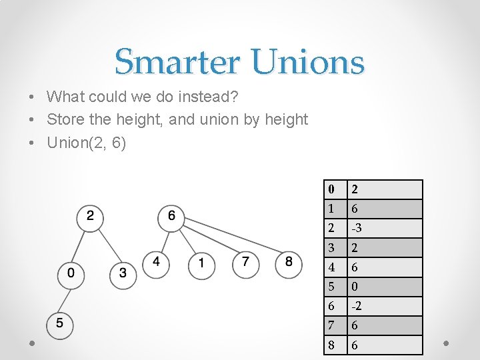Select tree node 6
click(x=171, y=216)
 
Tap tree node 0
click(x=71, y=273)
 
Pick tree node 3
click(x=123, y=273)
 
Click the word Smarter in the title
click(x=177, y=63)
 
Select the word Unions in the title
click(x=308, y=63)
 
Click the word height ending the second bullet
click(x=285, y=120)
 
